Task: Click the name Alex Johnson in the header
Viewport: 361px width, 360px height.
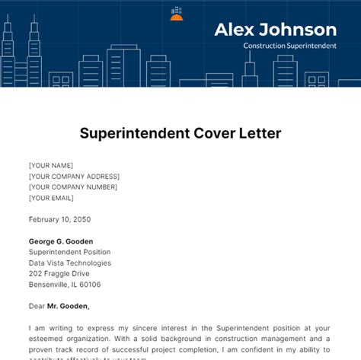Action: tap(275, 30)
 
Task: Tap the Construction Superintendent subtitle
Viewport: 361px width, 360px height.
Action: tap(290, 46)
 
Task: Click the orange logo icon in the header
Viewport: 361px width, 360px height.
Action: tap(177, 13)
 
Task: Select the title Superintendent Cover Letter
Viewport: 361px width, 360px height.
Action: tap(180, 134)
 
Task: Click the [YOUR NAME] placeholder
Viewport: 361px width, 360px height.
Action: tap(51, 165)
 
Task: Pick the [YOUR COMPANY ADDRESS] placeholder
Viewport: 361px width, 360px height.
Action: tap(74, 176)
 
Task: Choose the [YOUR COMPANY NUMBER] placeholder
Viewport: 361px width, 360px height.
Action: tap(73, 186)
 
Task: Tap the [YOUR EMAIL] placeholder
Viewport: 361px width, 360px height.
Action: tap(52, 198)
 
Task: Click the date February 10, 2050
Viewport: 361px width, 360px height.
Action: tap(59, 219)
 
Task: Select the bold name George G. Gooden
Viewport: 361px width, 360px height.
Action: tap(62, 241)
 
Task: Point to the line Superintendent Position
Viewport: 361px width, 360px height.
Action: tap(69, 252)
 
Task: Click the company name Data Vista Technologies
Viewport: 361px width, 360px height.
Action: tap(70, 263)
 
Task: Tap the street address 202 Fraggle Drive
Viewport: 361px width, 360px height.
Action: tap(59, 273)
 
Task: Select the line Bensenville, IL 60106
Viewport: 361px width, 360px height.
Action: tap(65, 285)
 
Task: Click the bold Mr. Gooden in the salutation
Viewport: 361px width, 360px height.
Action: tap(69, 307)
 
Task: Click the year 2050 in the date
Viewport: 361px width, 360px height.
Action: tap(81, 219)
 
